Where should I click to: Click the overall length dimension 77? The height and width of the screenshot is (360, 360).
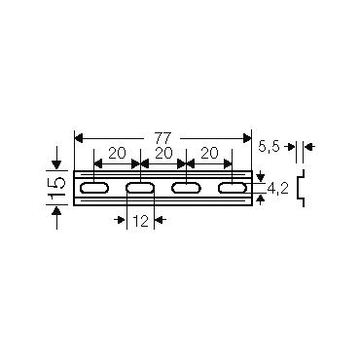(x=162, y=138)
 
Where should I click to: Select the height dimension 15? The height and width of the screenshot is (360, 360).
(x=56, y=188)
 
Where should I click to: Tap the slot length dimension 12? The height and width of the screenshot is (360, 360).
(x=141, y=221)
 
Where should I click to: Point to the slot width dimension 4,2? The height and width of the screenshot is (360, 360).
(x=277, y=188)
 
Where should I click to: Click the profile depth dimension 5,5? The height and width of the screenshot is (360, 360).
(x=269, y=147)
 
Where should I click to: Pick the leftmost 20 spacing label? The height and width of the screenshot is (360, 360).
(x=117, y=153)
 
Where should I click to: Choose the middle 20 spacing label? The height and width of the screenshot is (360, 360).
(x=163, y=153)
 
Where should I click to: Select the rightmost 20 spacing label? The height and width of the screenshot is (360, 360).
(x=209, y=153)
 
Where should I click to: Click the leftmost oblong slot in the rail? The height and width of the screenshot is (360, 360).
(x=94, y=188)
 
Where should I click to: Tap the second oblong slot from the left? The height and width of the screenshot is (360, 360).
(x=140, y=188)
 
